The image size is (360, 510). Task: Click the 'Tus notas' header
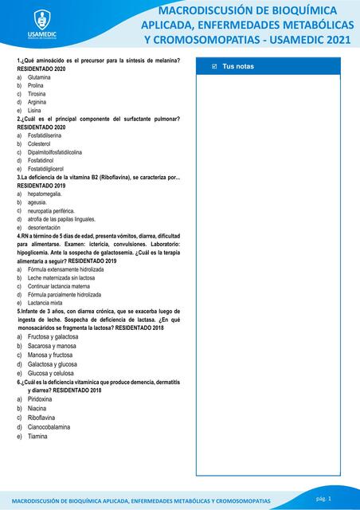238,66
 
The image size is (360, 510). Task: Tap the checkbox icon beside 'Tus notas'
214,66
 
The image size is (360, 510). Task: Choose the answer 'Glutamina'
40,77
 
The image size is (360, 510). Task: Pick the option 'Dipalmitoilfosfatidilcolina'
55,152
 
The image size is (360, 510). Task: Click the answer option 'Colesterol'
41,144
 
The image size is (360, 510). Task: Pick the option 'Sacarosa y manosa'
53,346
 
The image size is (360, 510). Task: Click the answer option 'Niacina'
37,408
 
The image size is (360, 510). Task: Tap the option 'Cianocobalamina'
49,426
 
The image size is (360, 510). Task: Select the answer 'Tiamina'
37,436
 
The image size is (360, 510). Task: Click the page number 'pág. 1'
324,497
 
